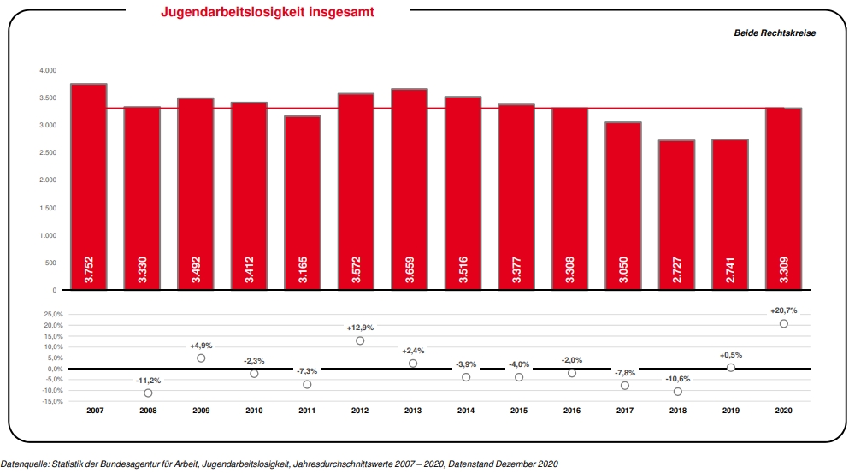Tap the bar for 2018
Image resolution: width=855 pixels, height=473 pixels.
(676, 215)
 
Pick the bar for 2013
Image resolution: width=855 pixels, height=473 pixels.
(410, 189)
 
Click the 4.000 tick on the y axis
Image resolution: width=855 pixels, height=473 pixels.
(46, 70)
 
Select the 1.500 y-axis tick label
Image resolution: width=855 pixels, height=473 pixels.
(46, 208)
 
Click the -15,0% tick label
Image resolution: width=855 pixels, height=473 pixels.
(52, 401)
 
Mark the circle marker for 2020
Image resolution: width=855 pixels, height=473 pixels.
(783, 323)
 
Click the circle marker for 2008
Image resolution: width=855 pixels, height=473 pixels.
(148, 393)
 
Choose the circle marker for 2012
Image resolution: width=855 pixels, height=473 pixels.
(360, 340)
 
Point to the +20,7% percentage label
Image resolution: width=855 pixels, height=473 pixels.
(783, 310)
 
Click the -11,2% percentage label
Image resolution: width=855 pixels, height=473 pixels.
(148, 380)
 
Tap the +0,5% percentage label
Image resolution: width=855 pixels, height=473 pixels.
(730, 354)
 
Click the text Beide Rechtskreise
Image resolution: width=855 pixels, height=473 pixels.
(775, 33)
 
